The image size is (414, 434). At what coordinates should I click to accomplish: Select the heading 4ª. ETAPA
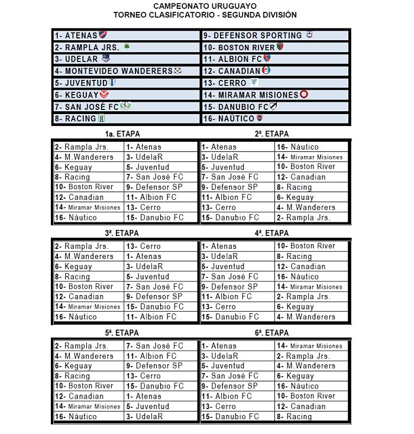tap(271, 234)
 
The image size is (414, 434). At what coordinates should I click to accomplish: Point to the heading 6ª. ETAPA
tap(271, 333)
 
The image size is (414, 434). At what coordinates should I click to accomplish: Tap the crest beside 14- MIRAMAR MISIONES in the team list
tap(304, 94)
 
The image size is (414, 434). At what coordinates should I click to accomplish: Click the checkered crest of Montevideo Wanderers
tap(178, 71)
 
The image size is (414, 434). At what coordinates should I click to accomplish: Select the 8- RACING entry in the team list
tap(75, 118)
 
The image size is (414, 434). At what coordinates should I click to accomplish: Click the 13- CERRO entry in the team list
tap(224, 83)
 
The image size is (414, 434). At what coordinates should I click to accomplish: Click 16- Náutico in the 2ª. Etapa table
tap(297, 147)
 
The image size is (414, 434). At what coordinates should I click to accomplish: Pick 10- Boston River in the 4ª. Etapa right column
tap(305, 246)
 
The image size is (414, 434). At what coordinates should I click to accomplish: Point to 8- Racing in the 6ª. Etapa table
tap(293, 417)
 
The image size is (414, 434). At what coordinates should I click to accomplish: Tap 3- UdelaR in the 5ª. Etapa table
tap(144, 417)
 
